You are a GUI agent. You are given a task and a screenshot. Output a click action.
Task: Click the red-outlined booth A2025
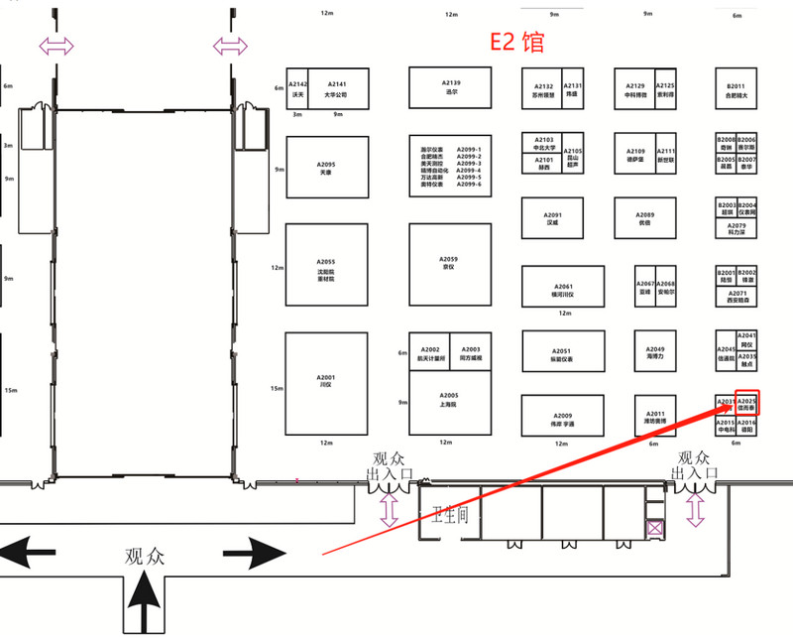pos(747,404)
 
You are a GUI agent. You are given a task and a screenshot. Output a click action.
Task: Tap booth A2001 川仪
pos(326,381)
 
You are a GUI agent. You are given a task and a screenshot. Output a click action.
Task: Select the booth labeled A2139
pos(451,87)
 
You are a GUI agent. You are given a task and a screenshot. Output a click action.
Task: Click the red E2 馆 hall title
pos(517,43)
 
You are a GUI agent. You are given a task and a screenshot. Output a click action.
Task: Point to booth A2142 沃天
pos(297,88)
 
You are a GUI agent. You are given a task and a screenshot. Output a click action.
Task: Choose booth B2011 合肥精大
pos(736,90)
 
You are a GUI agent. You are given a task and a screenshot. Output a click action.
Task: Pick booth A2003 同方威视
pos(471,353)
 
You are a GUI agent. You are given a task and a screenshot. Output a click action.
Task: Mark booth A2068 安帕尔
pos(666,288)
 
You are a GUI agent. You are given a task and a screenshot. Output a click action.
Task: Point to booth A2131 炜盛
pos(573,89)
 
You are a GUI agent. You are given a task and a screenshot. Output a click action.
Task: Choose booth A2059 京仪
pos(451,264)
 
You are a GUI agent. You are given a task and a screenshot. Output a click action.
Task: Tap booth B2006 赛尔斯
pos(747,143)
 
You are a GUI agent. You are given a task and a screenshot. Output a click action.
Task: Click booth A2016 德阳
pos(747,427)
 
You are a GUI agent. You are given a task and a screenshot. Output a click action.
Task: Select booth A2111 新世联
pos(666,155)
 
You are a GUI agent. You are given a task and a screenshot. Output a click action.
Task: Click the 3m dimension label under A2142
pos(296,114)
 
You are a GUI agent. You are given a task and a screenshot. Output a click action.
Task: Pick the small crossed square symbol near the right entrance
pos(654,529)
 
